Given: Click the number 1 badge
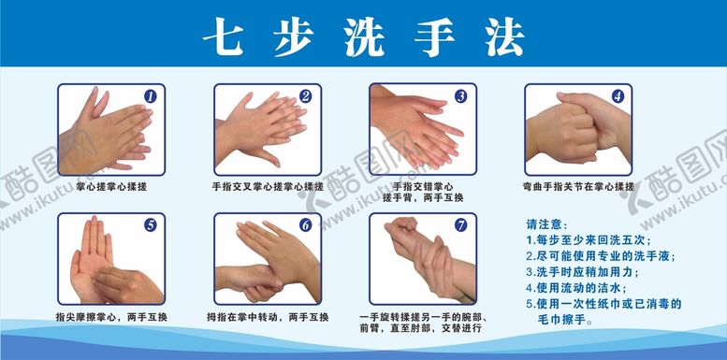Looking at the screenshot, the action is (x=150, y=96).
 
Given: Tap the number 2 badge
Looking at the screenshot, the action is (x=305, y=96).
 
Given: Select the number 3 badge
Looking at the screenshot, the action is (x=460, y=96).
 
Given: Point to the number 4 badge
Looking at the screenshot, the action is (x=618, y=96).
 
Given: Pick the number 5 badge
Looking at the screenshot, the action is (x=150, y=225).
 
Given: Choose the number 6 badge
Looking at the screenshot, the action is (x=305, y=225).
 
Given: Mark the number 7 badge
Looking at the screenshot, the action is (x=460, y=225).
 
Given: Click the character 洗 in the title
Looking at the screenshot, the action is (x=364, y=36).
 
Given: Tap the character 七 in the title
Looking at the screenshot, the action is (x=223, y=36).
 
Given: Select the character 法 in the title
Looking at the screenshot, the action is (x=505, y=36).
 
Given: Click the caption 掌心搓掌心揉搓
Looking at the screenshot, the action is (x=111, y=187).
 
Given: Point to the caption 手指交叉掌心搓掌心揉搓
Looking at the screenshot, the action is (x=268, y=187).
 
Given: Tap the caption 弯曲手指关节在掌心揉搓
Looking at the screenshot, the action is (x=577, y=187).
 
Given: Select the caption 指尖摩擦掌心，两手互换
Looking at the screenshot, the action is (x=111, y=317).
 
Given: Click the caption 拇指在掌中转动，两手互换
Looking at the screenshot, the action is (x=268, y=317).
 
